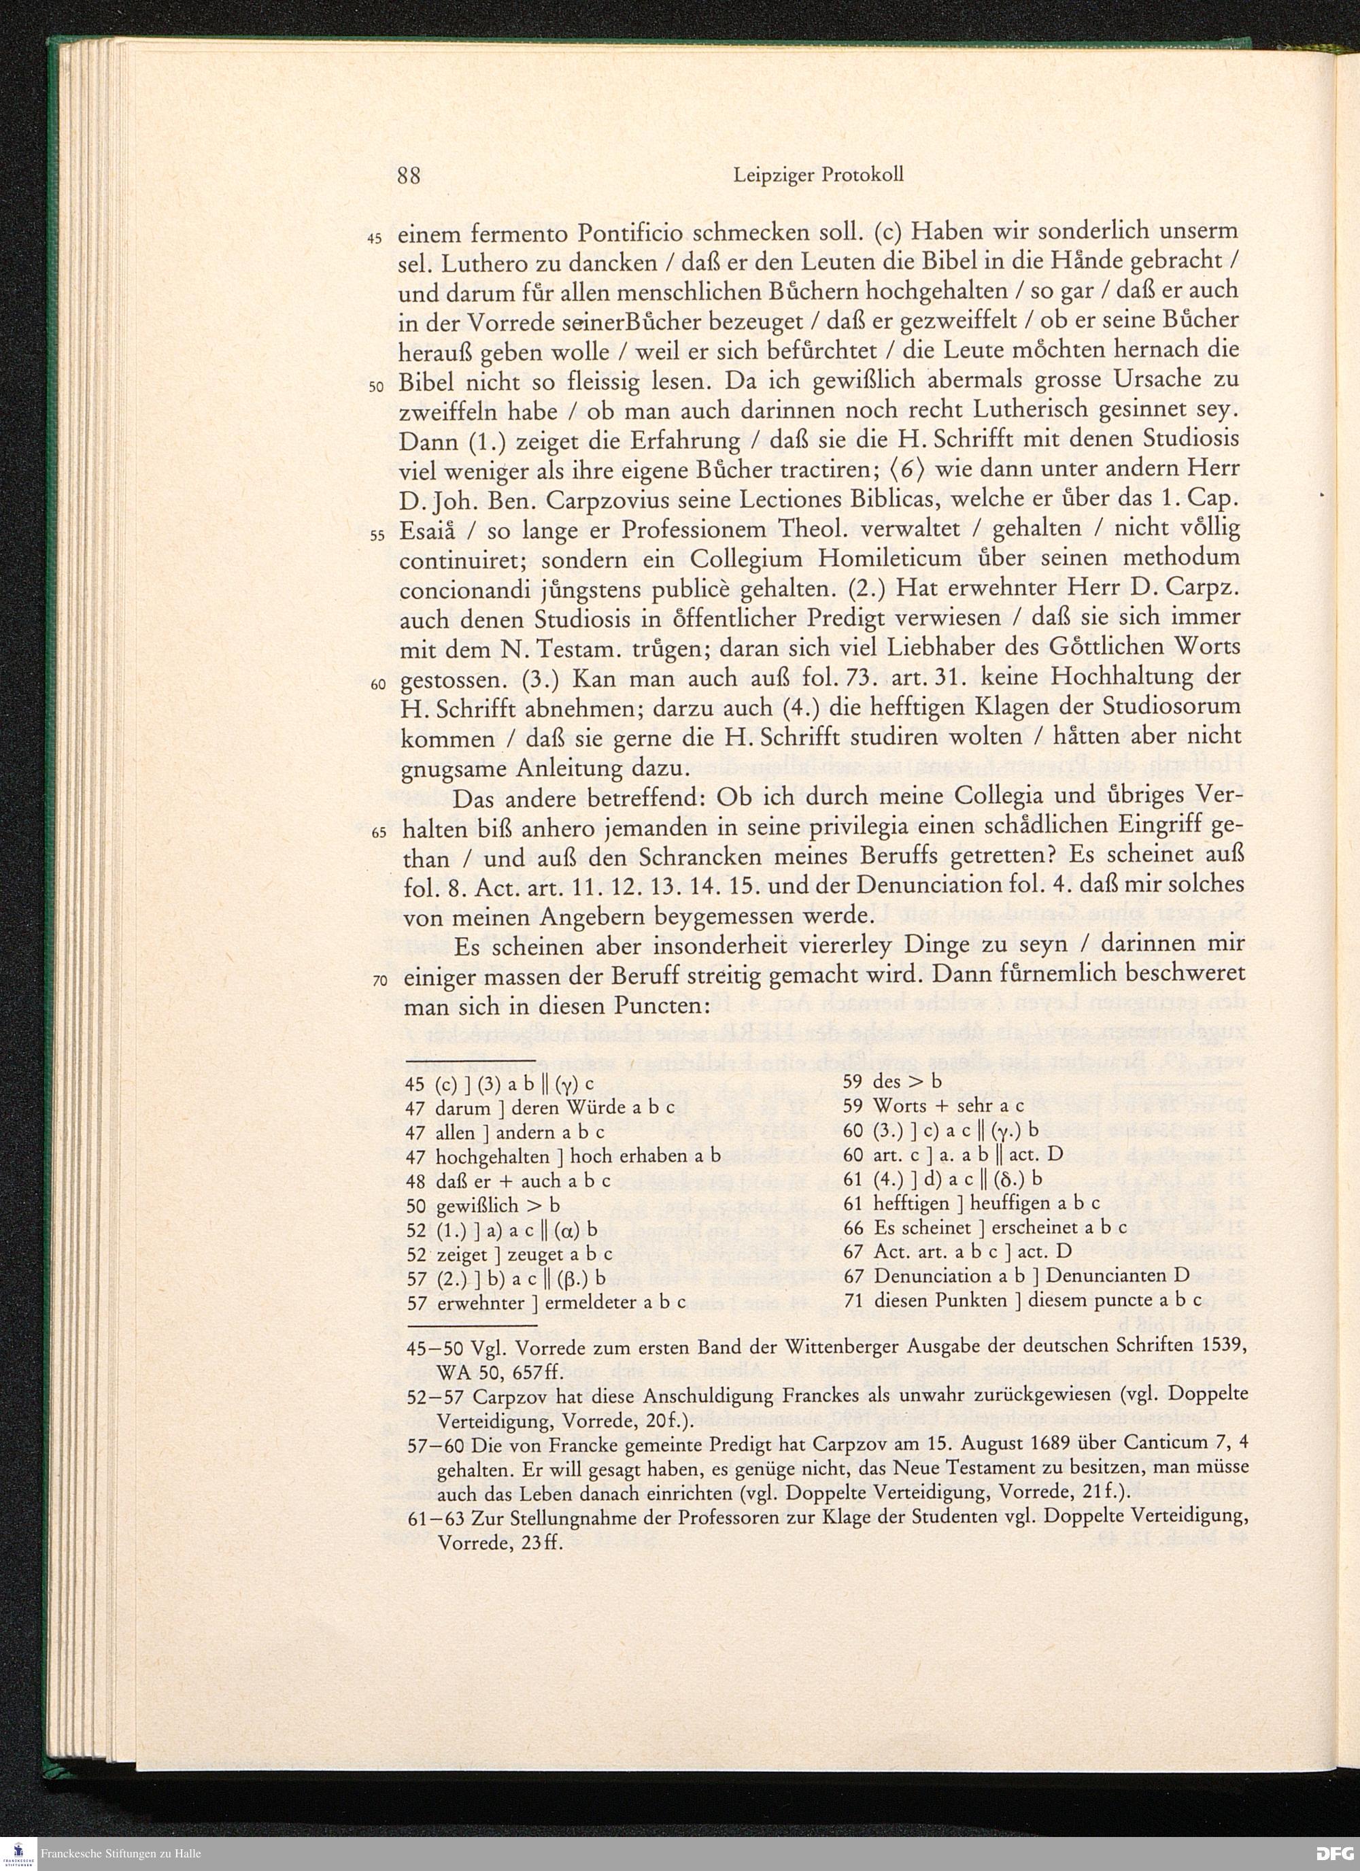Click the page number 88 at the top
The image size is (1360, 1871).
point(409,175)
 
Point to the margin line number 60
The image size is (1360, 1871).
point(377,685)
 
